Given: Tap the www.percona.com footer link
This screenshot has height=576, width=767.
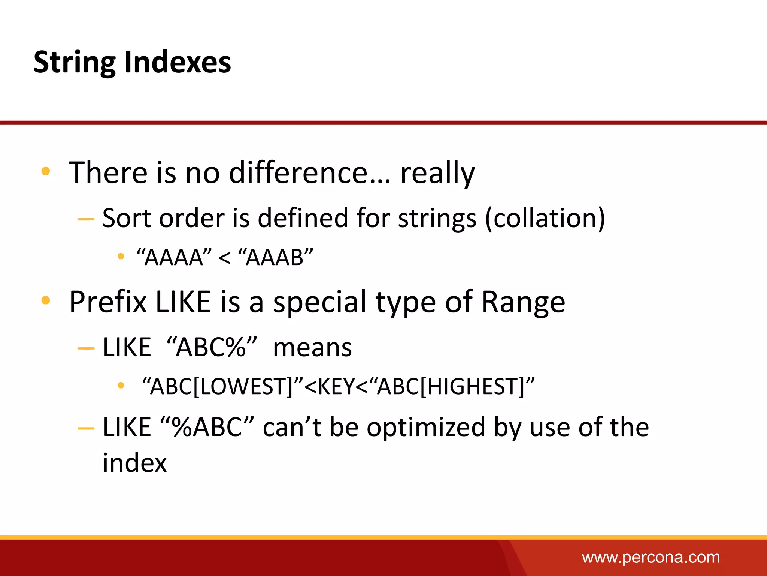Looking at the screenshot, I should click(x=651, y=557).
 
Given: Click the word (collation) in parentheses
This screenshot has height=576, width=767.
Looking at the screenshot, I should click(x=545, y=218).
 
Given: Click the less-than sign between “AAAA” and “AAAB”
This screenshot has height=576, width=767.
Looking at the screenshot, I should click(x=224, y=258).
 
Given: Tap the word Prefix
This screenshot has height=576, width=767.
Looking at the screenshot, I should click(x=108, y=302).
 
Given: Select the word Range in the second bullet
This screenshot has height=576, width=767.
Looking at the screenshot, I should click(x=523, y=302).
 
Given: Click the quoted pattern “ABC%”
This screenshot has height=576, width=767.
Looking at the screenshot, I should click(x=212, y=347).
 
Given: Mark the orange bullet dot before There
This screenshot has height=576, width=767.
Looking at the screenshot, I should click(x=46, y=171).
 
